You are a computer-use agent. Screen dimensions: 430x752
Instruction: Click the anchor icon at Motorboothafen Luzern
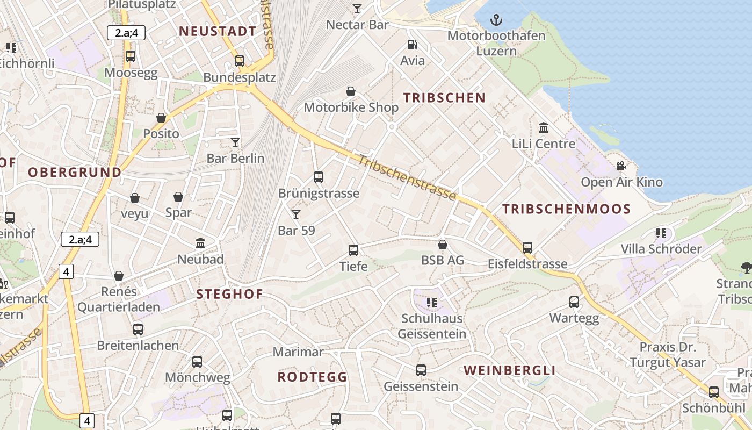tap(497, 21)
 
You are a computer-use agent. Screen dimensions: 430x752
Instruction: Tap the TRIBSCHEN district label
tap(444, 98)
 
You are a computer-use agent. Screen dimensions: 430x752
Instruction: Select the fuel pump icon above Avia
tap(412, 45)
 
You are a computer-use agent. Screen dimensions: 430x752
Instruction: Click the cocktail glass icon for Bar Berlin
tap(235, 142)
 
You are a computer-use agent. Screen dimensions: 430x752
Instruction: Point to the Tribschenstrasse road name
tap(407, 178)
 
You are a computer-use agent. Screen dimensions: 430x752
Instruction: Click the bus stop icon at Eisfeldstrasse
tap(527, 248)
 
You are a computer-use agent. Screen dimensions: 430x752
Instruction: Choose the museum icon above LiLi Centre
tap(544, 128)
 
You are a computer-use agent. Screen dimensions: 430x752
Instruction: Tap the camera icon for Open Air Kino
tap(621, 166)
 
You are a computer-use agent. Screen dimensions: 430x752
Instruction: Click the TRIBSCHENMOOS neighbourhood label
tap(566, 210)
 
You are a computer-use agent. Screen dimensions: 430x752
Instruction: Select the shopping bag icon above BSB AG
tap(443, 245)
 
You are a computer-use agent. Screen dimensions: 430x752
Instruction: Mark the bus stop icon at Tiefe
tap(353, 250)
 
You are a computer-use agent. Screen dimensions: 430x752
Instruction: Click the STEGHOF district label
tap(229, 294)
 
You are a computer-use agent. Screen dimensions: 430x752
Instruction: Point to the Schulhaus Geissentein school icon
tap(431, 303)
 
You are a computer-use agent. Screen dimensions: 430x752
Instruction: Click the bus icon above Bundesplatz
tap(240, 61)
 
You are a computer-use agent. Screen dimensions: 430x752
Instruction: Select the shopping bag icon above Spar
tap(178, 197)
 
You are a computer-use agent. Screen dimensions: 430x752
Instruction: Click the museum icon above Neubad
tap(201, 243)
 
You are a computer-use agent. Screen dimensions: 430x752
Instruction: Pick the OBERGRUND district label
tap(74, 173)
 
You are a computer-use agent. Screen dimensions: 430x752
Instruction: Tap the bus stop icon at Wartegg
tap(574, 302)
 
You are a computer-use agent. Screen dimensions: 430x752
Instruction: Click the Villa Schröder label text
tap(661, 249)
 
